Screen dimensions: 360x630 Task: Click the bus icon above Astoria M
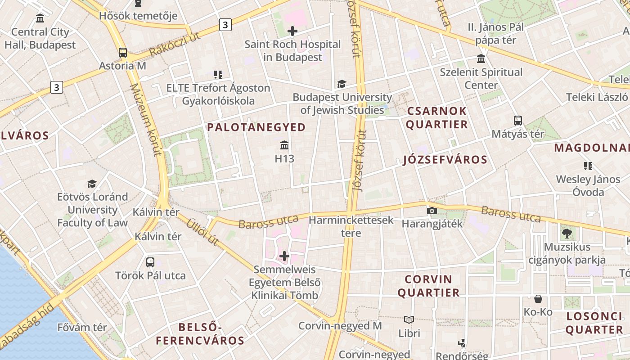[123, 52]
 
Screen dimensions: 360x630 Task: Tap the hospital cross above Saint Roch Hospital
[292, 31]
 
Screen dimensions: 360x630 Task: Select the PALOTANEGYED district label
[256, 127]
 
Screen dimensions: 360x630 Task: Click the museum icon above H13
[284, 145]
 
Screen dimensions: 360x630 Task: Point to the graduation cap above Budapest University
[342, 84]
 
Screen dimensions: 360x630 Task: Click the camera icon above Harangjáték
[432, 211]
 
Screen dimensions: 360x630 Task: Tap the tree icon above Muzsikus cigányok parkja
[567, 233]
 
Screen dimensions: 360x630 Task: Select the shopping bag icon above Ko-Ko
[538, 299]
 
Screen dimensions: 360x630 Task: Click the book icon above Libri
[409, 319]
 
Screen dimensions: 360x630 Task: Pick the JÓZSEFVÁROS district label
[445, 160]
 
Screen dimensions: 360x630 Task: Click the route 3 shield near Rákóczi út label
[225, 25]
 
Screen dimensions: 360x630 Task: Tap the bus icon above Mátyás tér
[518, 121]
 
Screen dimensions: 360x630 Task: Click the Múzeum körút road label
[145, 119]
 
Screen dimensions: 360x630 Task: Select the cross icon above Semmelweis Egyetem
[284, 256]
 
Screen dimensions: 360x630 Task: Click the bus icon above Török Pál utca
[150, 262]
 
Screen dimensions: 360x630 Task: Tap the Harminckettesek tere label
[351, 226]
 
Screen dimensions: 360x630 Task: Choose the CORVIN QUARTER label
[428, 286]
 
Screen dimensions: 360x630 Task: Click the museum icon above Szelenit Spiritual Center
[481, 59]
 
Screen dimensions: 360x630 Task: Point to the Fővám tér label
[82, 327]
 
